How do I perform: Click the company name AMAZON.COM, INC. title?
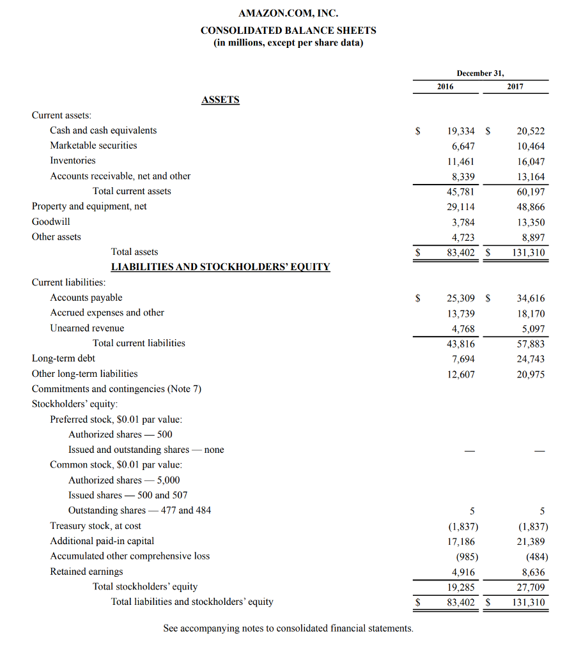tap(288, 13)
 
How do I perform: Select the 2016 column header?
tap(446, 87)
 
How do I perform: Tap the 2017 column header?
tap(515, 87)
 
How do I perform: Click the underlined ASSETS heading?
tap(221, 100)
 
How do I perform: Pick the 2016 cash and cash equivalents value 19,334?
tap(460, 131)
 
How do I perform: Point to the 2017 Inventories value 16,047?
tap(531, 162)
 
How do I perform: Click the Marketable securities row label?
tap(93, 146)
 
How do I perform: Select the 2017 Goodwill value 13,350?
tap(531, 222)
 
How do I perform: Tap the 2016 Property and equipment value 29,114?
tap(460, 207)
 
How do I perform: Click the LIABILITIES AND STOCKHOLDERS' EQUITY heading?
tap(221, 267)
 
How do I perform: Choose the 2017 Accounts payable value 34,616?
tap(531, 298)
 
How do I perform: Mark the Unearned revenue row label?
tap(87, 328)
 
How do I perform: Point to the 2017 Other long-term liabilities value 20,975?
tap(531, 374)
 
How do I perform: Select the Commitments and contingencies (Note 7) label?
tap(116, 389)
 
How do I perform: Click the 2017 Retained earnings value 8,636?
tap(533, 572)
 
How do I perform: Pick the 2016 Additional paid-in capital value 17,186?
tap(460, 542)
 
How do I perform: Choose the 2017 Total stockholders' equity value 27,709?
tap(531, 588)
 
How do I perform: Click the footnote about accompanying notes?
tap(288, 628)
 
